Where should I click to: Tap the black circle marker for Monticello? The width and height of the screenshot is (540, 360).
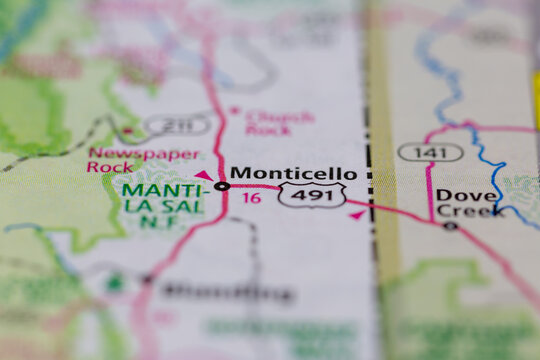coord(222,186)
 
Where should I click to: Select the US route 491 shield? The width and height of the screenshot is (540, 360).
coord(312,195)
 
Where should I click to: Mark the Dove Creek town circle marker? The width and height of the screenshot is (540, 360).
coord(450,226)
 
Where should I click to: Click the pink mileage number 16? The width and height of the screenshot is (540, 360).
coord(253,199)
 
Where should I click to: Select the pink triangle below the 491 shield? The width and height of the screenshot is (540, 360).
coord(357,214)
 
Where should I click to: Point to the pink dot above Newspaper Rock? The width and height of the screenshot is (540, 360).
coord(127,131)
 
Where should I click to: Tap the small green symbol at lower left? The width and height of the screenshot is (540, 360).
coord(115,283)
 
